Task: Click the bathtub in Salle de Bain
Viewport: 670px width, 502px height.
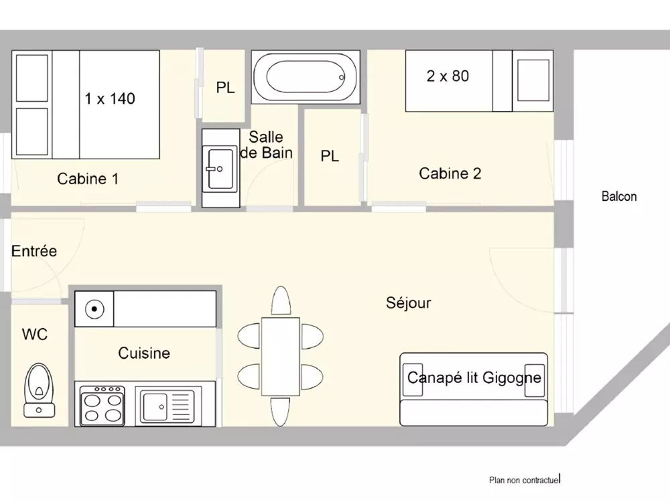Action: [x=306, y=77]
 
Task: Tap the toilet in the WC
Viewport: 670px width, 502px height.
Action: [x=40, y=390]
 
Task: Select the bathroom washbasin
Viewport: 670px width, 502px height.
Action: [x=220, y=168]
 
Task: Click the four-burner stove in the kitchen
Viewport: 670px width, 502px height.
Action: [x=102, y=406]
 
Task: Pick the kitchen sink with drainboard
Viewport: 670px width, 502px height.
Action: [x=168, y=406]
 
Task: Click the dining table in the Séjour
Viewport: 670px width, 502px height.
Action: [x=280, y=357]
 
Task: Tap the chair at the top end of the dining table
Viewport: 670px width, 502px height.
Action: [x=281, y=301]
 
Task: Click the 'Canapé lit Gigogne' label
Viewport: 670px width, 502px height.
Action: [x=474, y=378]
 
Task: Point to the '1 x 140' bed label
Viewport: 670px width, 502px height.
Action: [x=110, y=98]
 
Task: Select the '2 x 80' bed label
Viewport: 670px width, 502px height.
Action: [x=448, y=76]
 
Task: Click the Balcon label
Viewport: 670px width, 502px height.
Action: [x=619, y=196]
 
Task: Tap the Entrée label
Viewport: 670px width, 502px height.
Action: [x=33, y=251]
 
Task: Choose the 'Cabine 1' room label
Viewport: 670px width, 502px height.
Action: [x=88, y=179]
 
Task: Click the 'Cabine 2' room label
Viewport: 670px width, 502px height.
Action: [x=450, y=173]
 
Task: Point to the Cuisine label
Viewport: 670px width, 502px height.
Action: [x=144, y=353]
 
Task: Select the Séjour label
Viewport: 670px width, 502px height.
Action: [x=409, y=303]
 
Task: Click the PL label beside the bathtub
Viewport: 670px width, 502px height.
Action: [x=225, y=88]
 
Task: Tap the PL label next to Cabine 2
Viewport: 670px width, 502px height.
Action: [x=330, y=156]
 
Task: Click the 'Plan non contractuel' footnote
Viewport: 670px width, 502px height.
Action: [x=525, y=480]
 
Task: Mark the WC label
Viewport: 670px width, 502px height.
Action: [x=35, y=334]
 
